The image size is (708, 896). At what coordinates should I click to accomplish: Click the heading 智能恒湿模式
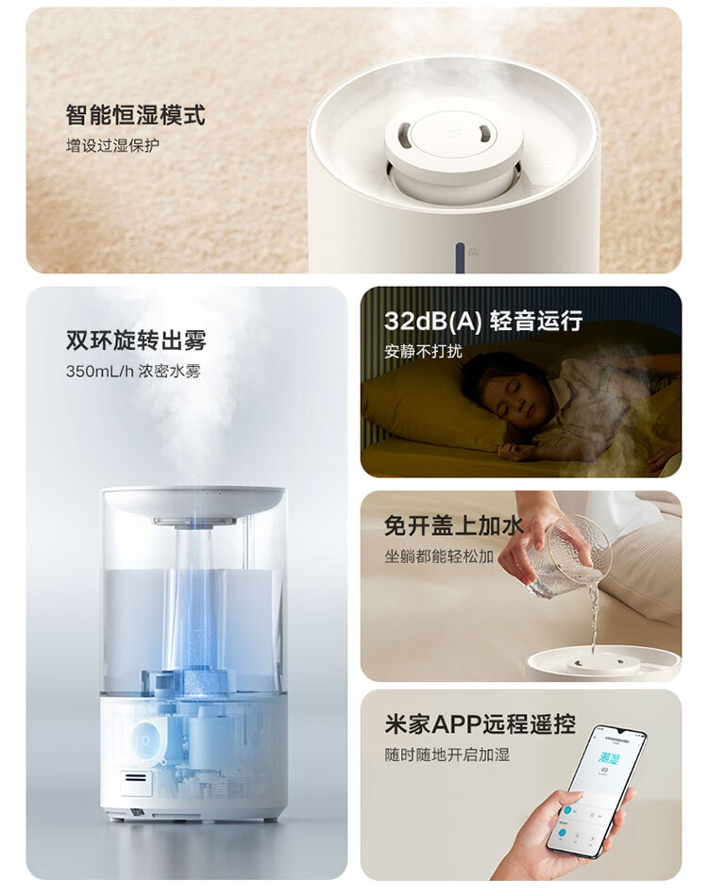[x=135, y=115]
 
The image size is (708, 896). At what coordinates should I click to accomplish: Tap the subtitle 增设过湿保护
[x=112, y=145]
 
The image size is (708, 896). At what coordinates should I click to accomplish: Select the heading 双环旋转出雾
[x=136, y=340]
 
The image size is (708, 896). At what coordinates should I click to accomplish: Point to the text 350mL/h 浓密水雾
[x=133, y=372]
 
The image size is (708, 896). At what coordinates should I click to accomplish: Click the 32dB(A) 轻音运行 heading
[x=483, y=321]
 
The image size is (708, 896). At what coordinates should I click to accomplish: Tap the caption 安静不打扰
[x=423, y=351]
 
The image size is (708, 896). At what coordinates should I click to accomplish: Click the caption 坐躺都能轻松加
[x=439, y=556]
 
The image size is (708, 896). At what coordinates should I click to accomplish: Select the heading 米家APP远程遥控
[x=480, y=724]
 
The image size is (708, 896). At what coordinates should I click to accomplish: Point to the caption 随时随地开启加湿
[x=447, y=755]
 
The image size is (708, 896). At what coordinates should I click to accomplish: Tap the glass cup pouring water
[x=569, y=556]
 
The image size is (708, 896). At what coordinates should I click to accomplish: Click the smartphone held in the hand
[x=596, y=791]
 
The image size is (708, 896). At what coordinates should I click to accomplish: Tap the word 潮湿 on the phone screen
[x=609, y=758]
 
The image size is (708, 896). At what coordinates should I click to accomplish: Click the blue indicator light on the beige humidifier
[x=460, y=257]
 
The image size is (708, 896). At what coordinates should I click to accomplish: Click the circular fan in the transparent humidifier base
[x=145, y=740]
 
